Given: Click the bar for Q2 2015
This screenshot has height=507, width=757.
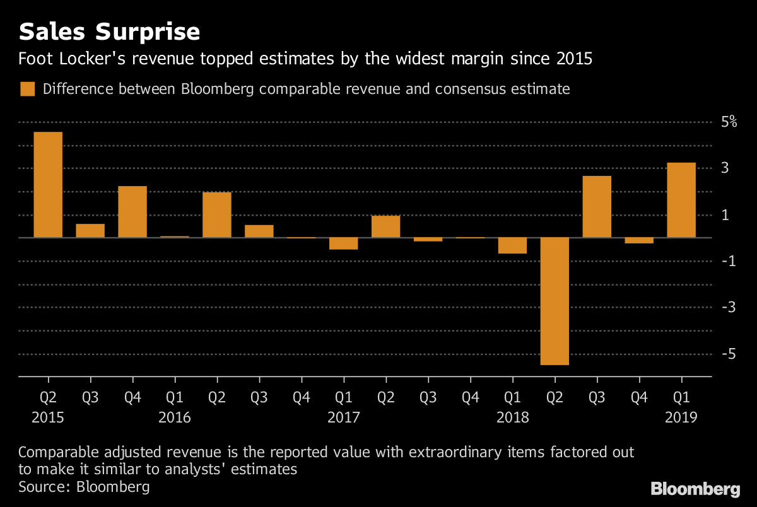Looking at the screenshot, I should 48,185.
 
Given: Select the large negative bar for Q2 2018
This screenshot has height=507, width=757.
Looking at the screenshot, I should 555,301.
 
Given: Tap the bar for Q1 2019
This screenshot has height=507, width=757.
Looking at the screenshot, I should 681,200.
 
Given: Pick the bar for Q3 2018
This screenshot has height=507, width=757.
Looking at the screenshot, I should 597,207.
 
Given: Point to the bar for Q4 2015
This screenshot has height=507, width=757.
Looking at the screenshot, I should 132,212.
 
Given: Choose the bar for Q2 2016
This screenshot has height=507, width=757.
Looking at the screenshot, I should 217,215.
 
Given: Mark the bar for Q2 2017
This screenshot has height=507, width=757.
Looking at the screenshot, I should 386,226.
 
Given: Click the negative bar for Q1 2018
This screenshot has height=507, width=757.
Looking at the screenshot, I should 512,245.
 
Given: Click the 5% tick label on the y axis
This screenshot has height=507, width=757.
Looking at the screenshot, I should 729,122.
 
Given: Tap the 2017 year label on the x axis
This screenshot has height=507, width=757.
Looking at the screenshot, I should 344,417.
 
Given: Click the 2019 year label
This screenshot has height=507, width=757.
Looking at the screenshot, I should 681,417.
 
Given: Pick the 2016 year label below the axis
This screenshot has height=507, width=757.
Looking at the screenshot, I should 175,417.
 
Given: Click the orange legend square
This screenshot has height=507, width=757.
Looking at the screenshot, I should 27,89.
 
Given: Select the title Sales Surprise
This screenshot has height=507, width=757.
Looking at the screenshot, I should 110,32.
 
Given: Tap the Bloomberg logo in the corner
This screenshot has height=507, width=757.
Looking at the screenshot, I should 695,489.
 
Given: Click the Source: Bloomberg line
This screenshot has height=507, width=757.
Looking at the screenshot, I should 84,486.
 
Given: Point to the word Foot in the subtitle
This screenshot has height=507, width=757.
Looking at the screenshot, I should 35,60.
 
